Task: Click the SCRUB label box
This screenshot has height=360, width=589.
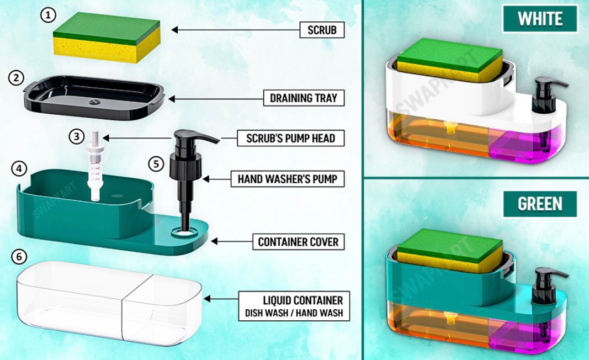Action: (322, 30)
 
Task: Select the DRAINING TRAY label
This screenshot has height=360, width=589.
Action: (303, 98)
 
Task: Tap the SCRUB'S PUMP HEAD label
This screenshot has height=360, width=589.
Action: (286, 137)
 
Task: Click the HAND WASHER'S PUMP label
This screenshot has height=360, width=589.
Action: (287, 179)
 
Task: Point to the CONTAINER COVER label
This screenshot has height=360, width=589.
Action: (298, 242)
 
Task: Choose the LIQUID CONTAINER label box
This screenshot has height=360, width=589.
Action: (294, 306)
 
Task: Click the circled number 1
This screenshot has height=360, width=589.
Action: (49, 15)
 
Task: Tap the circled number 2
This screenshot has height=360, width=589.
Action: (17, 78)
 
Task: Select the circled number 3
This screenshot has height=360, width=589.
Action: (76, 136)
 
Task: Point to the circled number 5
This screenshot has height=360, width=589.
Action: (157, 163)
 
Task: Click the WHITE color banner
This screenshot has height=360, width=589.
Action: (540, 19)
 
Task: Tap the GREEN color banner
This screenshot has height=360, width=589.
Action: (540, 204)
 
